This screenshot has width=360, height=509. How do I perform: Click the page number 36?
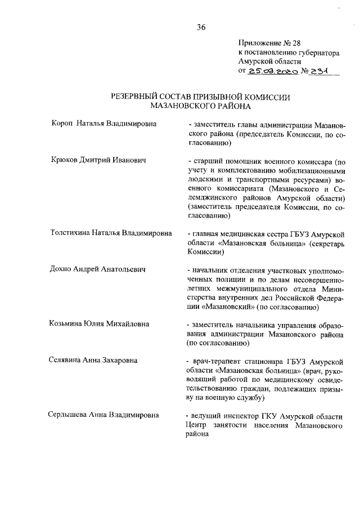click(x=201, y=27)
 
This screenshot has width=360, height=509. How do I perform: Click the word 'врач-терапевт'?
click(x=216, y=361)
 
